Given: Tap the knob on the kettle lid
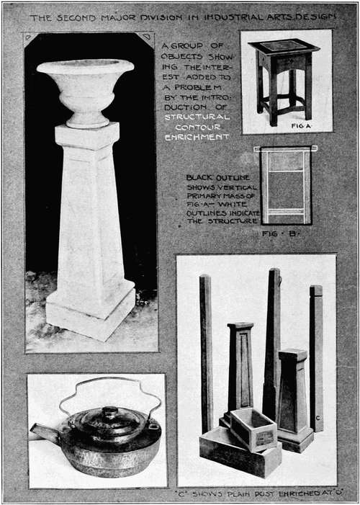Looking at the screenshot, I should (x=109, y=413).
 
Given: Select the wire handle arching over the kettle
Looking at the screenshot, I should (x=109, y=385).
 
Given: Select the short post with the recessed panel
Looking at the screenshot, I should (x=240, y=367).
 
